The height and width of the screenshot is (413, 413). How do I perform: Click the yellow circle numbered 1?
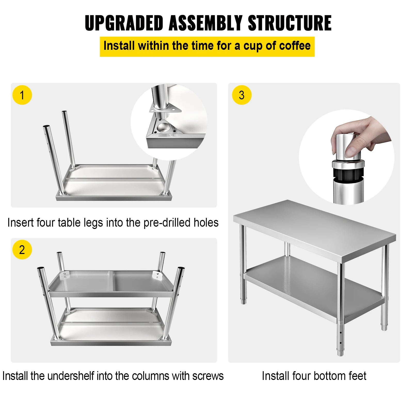pos(22,95)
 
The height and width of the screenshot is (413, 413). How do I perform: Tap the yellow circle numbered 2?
pos(22,250)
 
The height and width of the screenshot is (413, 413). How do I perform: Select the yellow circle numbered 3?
pos(242,95)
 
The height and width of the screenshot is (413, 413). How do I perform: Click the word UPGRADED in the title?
pos(124,23)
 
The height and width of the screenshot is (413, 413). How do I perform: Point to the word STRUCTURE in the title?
pos(290,23)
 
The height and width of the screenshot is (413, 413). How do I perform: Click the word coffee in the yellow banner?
pos(295,46)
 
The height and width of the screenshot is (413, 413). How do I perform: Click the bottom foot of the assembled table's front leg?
pos(340,352)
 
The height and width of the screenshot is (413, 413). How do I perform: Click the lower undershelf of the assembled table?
pos(310,287)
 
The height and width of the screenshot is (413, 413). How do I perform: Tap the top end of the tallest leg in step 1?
pos(64,112)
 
